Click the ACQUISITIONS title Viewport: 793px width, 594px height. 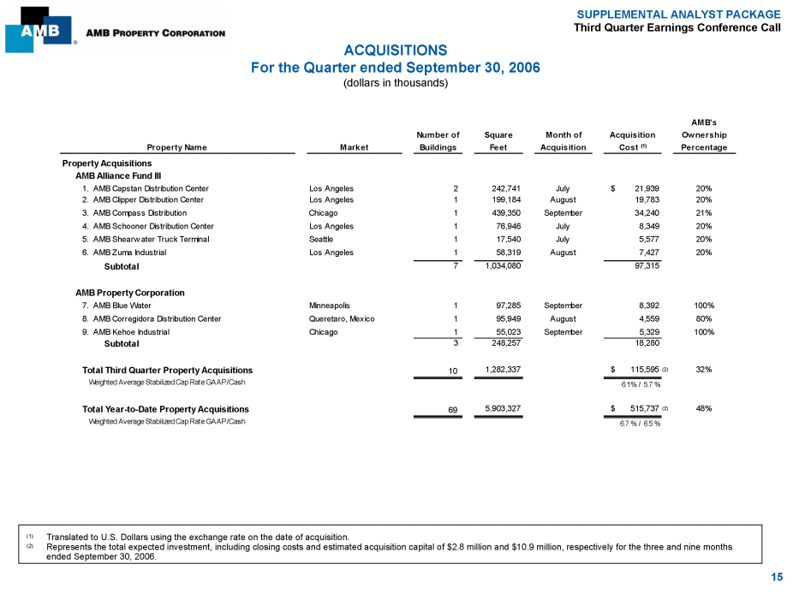coord(396,50)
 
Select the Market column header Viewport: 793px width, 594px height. coord(354,147)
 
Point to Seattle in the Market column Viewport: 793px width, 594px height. coord(321,240)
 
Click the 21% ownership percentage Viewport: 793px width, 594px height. coord(704,213)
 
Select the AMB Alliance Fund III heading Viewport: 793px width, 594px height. coord(112,175)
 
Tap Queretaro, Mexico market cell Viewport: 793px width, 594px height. coord(342,318)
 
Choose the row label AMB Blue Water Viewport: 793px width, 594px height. coord(122,305)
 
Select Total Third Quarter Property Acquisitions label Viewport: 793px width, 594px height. coord(167,370)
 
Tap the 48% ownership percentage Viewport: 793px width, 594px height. coord(704,409)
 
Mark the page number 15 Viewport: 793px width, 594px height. coord(776,578)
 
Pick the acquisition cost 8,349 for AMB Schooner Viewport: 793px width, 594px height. coord(645,227)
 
